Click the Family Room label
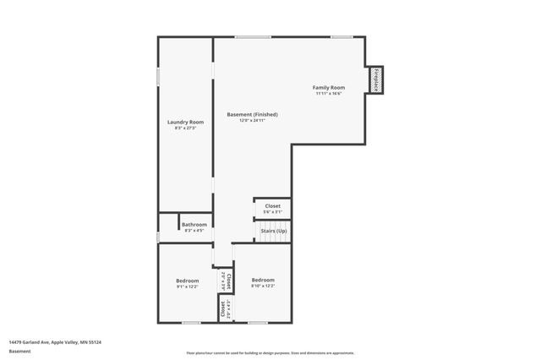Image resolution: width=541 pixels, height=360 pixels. (329, 88)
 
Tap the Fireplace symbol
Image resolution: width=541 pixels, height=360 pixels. (374, 81)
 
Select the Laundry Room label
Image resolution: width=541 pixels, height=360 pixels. (185, 123)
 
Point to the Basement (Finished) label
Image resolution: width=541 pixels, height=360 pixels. (252, 115)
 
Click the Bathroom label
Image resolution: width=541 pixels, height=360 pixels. (194, 225)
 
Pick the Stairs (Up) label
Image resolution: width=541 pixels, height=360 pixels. (272, 231)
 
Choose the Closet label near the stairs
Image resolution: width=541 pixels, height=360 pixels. (272, 206)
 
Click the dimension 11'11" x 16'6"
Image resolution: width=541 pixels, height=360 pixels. (329, 94)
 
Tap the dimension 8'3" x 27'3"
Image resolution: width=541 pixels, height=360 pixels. (185, 128)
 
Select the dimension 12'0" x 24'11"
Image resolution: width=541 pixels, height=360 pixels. (252, 121)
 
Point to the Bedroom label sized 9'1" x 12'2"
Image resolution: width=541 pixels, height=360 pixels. (187, 281)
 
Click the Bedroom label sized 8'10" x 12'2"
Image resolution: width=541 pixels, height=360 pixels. (263, 280)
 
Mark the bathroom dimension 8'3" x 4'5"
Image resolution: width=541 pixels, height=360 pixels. (194, 230)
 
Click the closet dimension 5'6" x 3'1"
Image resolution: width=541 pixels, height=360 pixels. (272, 211)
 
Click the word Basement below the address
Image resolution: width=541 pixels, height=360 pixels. (19, 351)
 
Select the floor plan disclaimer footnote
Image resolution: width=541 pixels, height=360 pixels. (270, 353)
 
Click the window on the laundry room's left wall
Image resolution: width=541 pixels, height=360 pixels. (158, 76)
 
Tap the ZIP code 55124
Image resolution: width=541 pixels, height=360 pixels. (96, 341)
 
